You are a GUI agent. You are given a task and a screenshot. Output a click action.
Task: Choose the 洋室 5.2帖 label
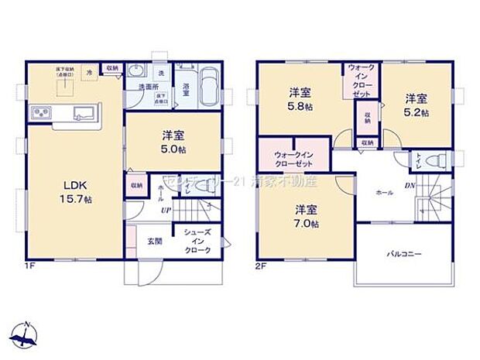pos(415,105)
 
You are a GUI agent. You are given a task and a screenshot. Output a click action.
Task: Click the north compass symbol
pos(27,333)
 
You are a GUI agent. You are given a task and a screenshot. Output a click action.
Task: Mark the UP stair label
pos(165,209)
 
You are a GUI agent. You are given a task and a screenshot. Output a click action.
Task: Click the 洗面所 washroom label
pos(149,87)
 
